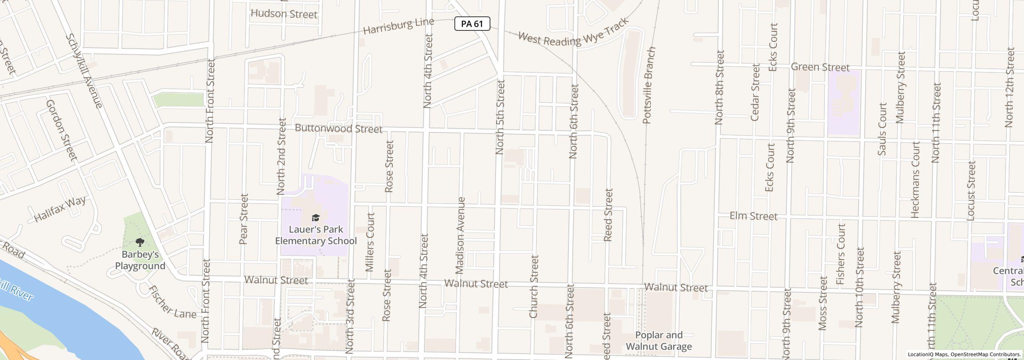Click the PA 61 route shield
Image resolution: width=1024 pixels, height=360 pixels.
click(472, 24)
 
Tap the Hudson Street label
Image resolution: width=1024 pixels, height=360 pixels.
click(284, 14)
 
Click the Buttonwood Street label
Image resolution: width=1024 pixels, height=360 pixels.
click(338, 129)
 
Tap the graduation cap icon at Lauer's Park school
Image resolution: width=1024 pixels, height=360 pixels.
click(316, 218)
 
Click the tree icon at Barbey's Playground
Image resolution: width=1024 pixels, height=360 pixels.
click(140, 242)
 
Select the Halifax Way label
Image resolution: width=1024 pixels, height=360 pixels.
click(60, 209)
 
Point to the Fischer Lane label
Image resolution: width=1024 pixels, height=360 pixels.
click(172, 302)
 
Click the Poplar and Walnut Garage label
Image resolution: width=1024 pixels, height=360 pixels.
click(658, 341)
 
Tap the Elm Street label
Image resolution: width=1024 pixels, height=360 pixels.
click(753, 216)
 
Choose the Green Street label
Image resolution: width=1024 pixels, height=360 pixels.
click(820, 67)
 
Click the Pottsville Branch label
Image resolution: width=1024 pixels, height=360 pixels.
click(648, 85)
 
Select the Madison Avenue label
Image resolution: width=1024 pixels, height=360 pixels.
click(460, 235)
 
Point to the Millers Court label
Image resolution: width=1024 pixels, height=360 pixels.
click(370, 242)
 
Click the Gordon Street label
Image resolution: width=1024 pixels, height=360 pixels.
click(62, 130)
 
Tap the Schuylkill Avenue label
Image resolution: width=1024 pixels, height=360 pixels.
click(84, 71)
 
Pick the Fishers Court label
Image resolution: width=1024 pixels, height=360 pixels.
click(841, 254)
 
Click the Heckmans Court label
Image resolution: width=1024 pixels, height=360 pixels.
click(915, 180)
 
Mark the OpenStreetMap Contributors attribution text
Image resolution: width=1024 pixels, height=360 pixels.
click(985, 354)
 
